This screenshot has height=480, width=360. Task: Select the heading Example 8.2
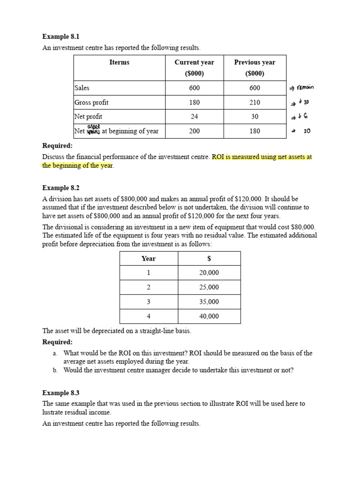(61, 188)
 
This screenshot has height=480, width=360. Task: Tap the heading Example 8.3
(61, 393)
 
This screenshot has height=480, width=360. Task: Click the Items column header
(119, 62)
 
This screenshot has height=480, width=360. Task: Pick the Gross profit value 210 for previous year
(255, 102)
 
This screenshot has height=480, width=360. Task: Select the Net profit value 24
(194, 117)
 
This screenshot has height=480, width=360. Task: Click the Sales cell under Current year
(194, 88)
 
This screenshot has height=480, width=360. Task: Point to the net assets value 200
(194, 131)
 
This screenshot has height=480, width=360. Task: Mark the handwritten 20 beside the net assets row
(307, 132)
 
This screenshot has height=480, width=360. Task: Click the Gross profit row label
(91, 102)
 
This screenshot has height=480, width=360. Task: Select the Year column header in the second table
(149, 258)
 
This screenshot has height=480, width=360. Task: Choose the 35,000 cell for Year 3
(209, 302)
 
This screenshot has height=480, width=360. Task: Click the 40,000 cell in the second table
(209, 316)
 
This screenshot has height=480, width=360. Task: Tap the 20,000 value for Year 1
(209, 273)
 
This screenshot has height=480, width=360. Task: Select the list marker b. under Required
(55, 370)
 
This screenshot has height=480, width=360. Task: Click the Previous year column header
(255, 62)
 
